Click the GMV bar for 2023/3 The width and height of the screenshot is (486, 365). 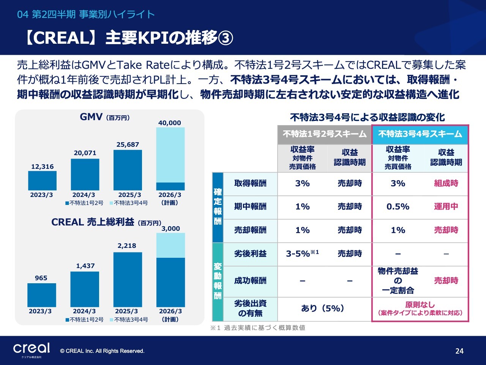[42, 181]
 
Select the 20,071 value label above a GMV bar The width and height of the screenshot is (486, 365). [85, 153]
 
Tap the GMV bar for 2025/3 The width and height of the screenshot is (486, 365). [128, 170]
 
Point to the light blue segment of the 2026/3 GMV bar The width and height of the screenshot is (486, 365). [170, 155]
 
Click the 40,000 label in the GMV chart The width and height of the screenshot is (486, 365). [170, 123]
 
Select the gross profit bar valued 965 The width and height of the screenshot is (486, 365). [41, 295]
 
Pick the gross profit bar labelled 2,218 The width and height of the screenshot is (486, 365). [128, 279]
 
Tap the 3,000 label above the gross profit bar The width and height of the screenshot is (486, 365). [170, 229]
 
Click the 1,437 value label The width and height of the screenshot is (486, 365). [85, 266]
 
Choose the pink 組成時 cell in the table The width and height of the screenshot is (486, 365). [446, 183]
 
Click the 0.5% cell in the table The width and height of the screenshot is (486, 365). [398, 207]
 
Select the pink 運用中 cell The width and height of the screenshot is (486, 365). [446, 207]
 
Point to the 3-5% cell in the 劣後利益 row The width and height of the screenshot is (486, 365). [302, 254]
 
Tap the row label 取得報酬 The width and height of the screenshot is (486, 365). [250, 183]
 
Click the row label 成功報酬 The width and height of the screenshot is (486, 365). [250, 281]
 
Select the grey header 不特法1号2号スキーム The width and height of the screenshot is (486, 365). [325, 134]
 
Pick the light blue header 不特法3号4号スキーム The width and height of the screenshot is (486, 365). [420, 134]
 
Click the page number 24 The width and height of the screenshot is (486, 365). [459, 351]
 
